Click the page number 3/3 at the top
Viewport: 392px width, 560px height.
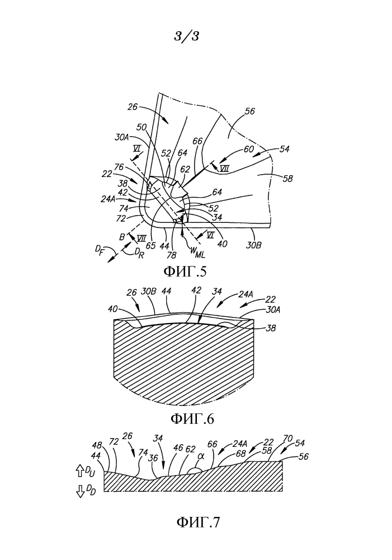point(186,36)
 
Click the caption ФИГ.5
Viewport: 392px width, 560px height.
point(185,272)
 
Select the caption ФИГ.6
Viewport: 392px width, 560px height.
point(192,418)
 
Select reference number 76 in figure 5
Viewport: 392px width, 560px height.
point(119,167)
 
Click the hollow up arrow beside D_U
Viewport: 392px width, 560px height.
point(80,472)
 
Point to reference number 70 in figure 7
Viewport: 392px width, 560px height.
point(288,438)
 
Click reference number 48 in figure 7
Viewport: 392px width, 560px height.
point(97,445)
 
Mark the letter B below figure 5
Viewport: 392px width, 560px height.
point(122,237)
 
